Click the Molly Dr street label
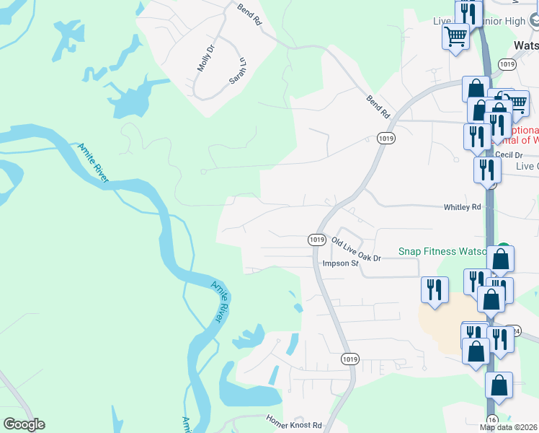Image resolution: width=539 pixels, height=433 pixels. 206,58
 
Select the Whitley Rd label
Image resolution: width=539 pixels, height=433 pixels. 461,207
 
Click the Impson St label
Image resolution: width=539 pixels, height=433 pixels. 340,264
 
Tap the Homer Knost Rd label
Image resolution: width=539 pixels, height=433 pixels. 293,422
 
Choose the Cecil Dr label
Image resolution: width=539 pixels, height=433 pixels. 508,154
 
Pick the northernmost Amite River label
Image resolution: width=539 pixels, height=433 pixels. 93,162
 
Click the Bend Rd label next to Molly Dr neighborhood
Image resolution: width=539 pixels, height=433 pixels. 249,14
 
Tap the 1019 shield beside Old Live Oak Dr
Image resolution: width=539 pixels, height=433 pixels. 316,239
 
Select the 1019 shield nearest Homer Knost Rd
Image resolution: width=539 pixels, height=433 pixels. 349,359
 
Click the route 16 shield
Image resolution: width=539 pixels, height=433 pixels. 492,419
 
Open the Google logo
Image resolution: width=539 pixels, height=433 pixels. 24,424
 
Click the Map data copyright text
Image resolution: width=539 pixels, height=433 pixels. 508,427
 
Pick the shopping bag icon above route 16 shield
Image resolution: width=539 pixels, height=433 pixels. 499,385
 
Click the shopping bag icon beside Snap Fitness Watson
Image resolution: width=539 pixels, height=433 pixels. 501,258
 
